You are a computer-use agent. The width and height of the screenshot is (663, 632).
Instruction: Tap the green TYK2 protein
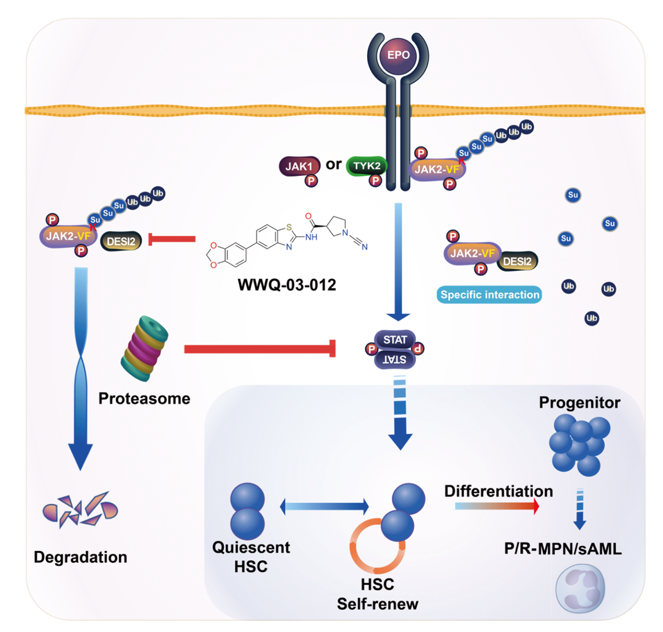(366, 166)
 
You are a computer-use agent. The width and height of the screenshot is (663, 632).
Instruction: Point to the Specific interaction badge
(490, 295)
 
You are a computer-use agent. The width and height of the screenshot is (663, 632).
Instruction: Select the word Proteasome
(144, 398)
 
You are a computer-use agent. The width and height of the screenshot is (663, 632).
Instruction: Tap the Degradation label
(80, 557)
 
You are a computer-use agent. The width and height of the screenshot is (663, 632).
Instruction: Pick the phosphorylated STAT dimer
(395, 349)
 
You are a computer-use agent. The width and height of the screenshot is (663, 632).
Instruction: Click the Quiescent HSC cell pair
(247, 510)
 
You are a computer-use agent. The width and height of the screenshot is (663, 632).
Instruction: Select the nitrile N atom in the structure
(366, 248)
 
